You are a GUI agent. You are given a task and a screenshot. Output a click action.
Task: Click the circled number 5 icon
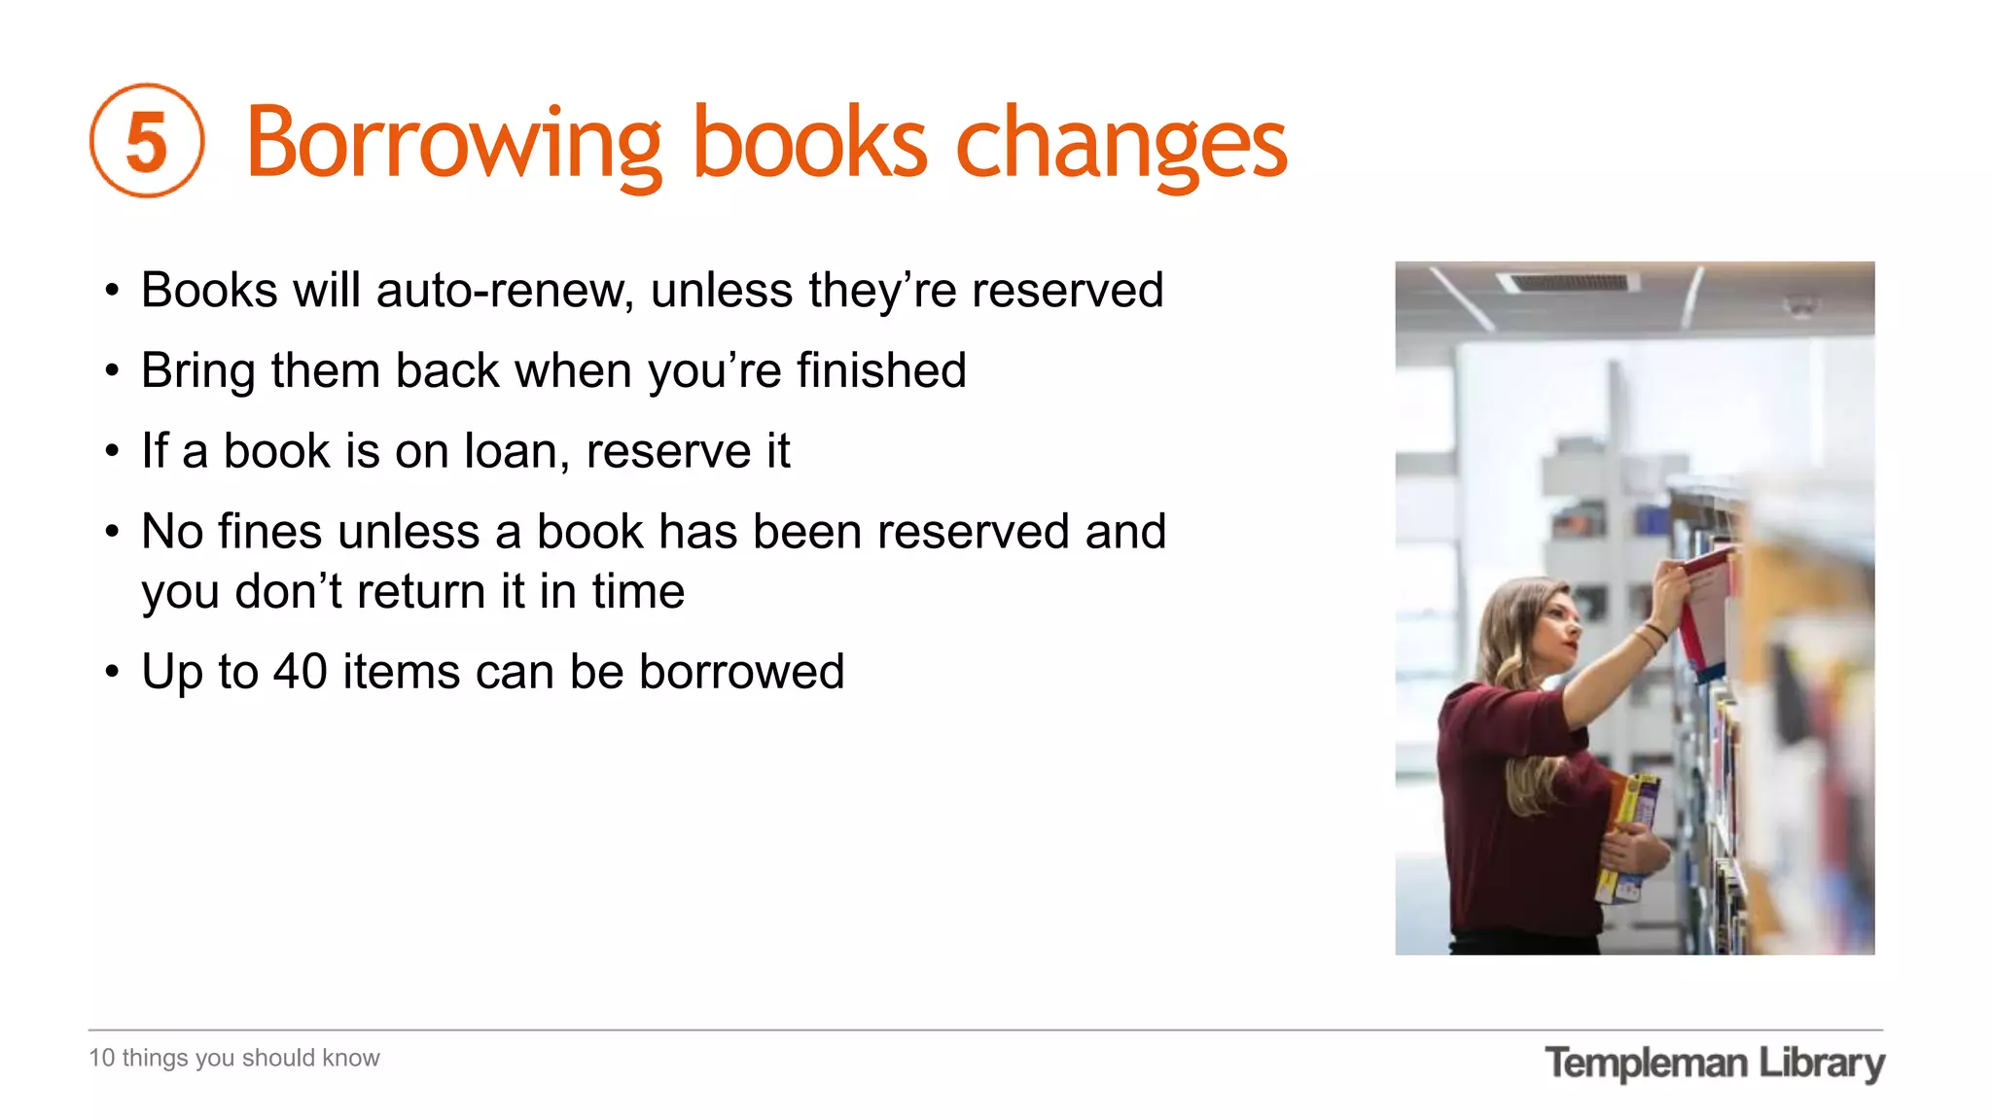click(147, 141)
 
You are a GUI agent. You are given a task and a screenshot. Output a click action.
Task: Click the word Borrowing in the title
click(453, 144)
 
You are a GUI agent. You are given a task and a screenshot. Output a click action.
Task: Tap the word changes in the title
click(1121, 144)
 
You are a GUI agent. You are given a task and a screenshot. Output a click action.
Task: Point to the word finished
click(881, 370)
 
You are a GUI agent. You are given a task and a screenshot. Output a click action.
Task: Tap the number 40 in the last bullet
click(300, 672)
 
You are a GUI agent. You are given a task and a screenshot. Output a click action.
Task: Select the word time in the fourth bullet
click(638, 592)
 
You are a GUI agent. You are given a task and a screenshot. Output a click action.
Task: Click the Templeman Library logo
click(1714, 1063)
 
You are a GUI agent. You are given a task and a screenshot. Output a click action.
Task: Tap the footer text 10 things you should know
click(234, 1058)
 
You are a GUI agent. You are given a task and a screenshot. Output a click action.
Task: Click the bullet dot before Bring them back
click(113, 371)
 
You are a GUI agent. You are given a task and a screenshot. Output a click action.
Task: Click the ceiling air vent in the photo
click(1567, 282)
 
